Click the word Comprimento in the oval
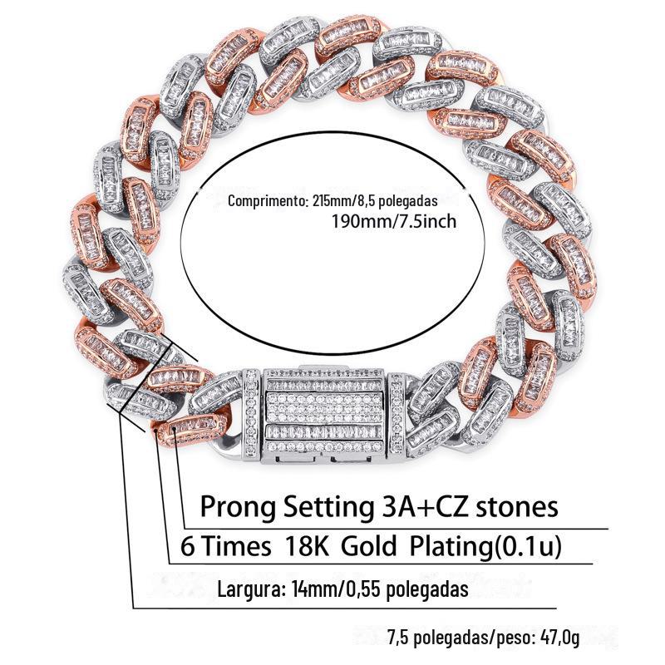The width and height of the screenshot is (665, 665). click(264, 202)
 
